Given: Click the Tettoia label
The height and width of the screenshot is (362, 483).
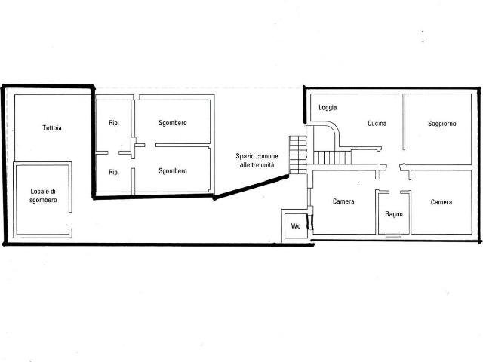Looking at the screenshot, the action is (x=52, y=127).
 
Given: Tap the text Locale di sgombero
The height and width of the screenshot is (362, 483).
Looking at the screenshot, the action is (x=43, y=195).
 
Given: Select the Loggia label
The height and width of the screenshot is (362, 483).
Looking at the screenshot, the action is (x=328, y=107).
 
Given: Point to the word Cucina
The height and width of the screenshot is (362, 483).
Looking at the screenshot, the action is (x=377, y=124).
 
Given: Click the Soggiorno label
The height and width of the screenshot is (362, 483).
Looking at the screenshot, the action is (x=442, y=124).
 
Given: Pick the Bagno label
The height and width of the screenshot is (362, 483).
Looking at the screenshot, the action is (x=394, y=214).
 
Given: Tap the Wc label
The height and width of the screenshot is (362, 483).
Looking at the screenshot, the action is (x=296, y=226).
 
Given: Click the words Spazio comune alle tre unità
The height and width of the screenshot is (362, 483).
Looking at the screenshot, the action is (x=257, y=161).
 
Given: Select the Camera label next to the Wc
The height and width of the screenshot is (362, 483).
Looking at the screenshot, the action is (x=343, y=201).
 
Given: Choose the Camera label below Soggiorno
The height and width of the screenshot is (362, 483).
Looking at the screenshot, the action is (x=441, y=202).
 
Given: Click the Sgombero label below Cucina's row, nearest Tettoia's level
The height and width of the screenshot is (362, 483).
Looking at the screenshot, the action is (x=173, y=123).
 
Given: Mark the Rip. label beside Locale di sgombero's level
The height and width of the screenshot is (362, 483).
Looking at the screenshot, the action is (x=114, y=173).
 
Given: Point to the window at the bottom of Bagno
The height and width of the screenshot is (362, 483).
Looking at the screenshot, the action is (x=394, y=236).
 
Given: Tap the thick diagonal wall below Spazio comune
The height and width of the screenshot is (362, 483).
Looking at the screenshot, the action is (x=251, y=187).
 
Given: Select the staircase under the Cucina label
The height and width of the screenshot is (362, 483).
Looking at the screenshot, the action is (x=332, y=158).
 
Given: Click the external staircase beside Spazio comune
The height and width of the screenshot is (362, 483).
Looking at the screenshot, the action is (x=298, y=155).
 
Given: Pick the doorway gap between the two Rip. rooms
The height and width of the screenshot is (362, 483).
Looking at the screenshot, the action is (x=113, y=152).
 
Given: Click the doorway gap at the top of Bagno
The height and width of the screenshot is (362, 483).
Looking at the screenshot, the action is (x=395, y=192).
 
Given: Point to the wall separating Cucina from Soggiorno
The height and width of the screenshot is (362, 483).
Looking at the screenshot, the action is (x=404, y=122).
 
